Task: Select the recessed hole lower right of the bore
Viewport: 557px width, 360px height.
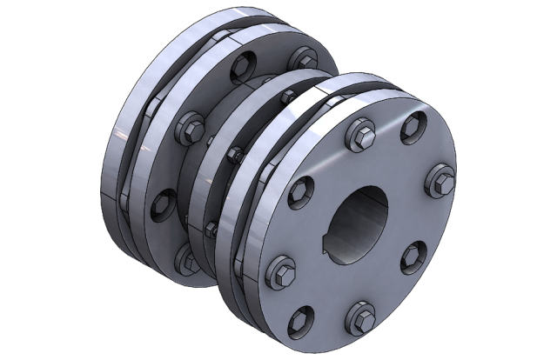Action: [412, 260]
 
